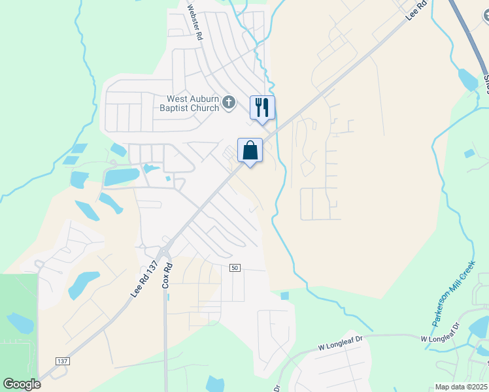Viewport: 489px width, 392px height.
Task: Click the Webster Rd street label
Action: (192, 24)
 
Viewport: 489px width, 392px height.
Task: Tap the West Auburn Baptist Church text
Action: (190, 103)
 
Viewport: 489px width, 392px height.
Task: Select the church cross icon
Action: (229, 102)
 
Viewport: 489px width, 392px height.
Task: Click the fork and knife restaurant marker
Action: (262, 107)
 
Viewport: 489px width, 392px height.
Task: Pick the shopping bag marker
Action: (250, 150)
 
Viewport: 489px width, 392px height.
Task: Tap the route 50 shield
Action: (235, 267)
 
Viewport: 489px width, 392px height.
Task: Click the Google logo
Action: (22, 384)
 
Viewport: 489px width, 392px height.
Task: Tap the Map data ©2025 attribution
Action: (462, 387)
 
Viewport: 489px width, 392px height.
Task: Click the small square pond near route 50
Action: (284, 296)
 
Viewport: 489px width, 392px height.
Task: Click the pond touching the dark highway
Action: (468, 79)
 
